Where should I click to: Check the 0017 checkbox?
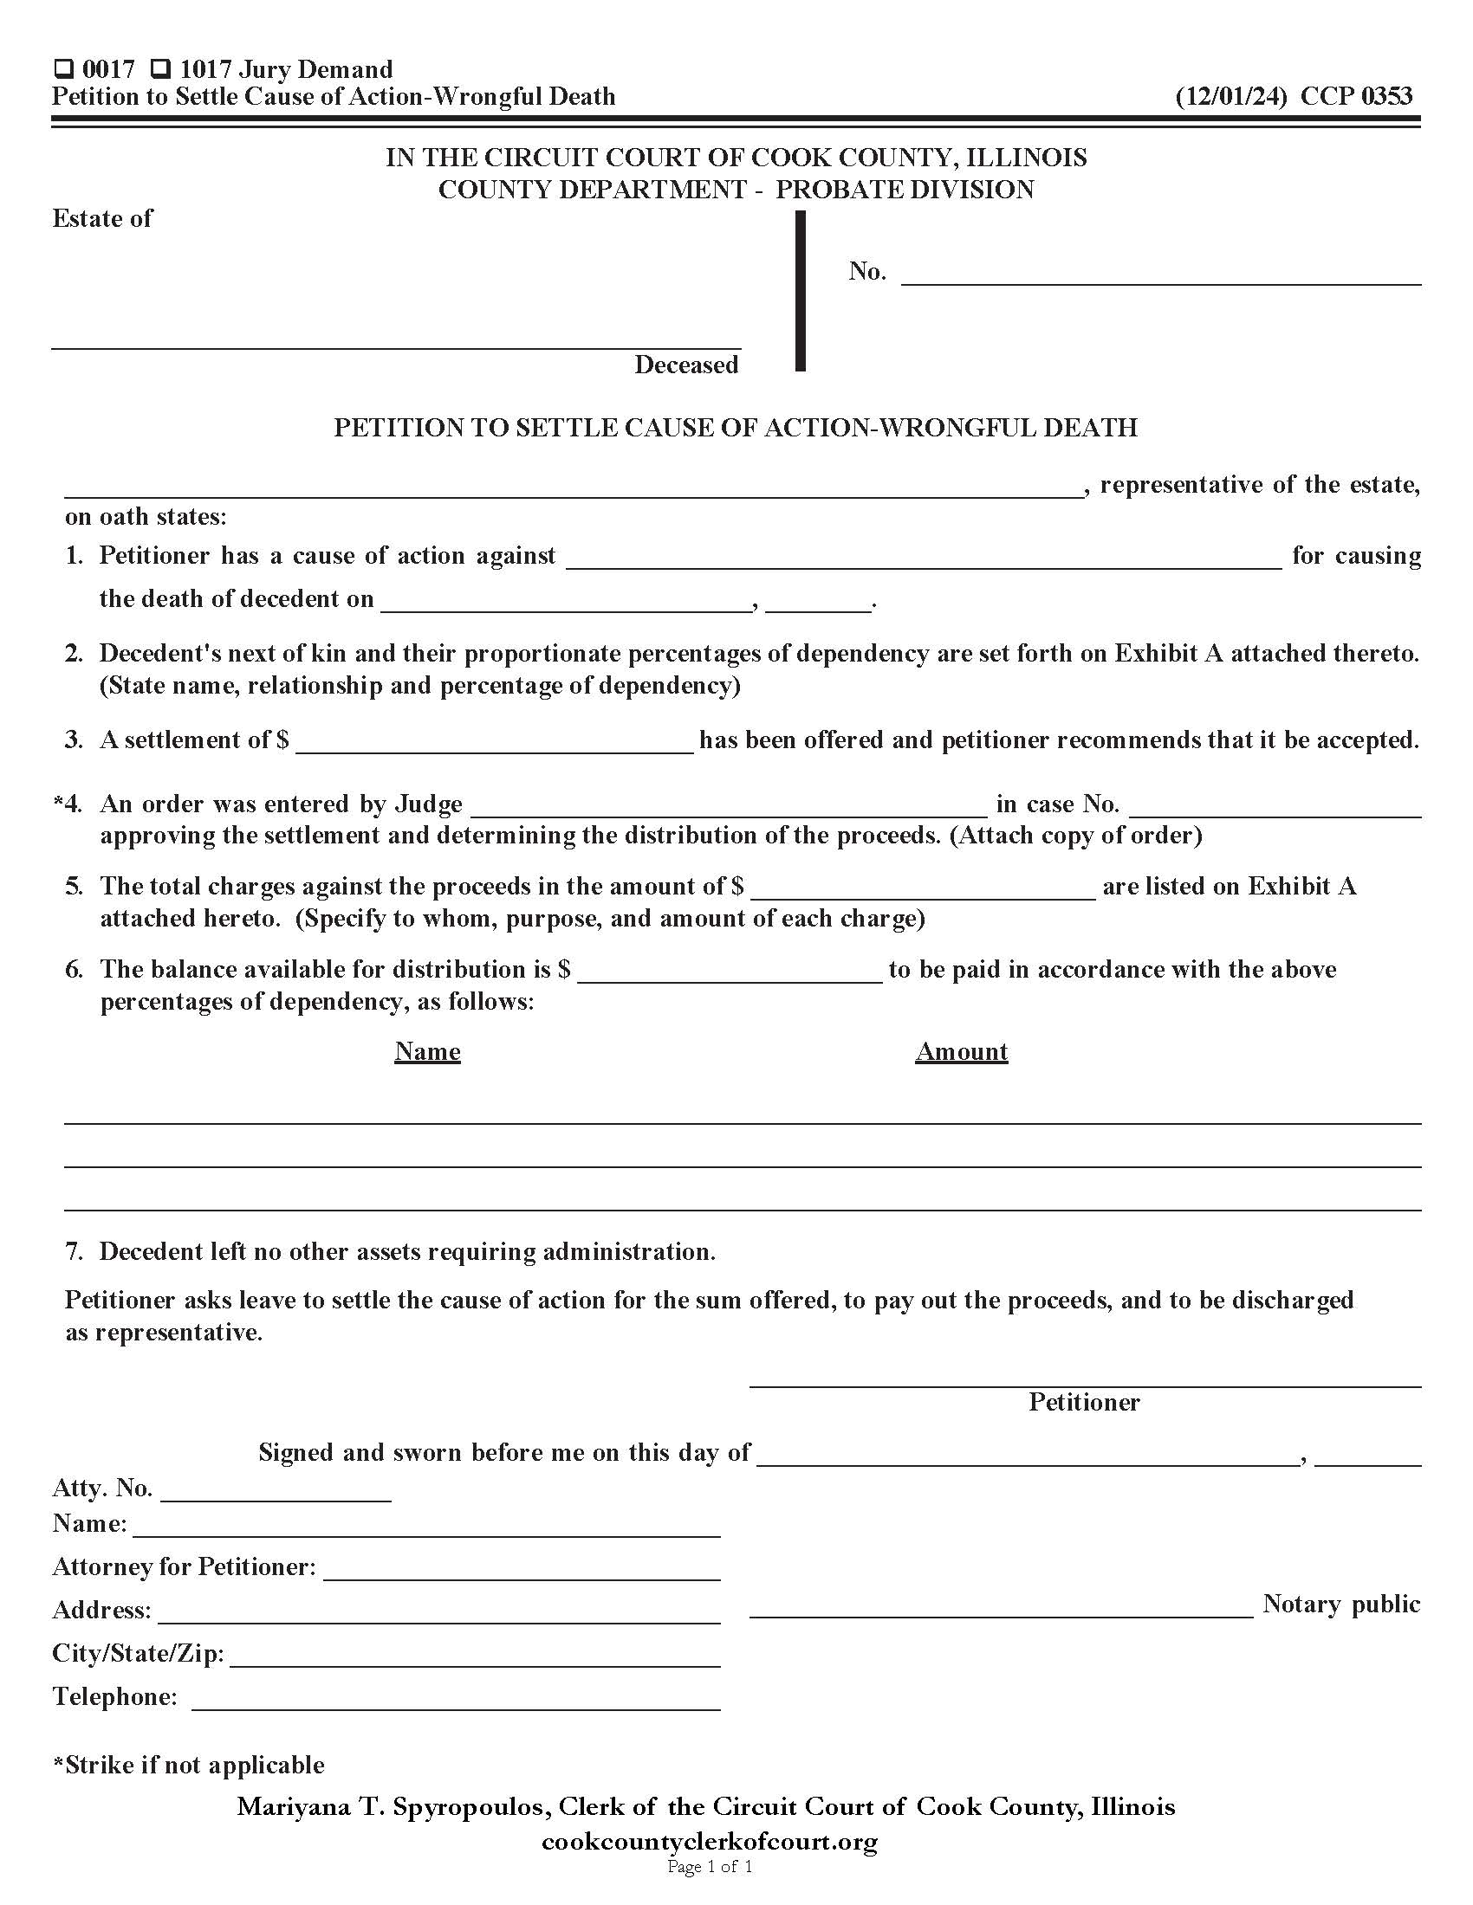[63, 69]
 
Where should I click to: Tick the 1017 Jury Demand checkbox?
[160, 69]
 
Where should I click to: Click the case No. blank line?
[1160, 275]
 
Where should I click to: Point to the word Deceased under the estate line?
[686, 365]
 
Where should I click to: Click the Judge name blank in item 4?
[729, 806]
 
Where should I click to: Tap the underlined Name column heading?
[426, 1051]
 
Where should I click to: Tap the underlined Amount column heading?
[961, 1051]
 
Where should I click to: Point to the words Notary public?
[1340, 1604]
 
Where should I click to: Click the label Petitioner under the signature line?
[1084, 1402]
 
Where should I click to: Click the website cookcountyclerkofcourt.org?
[710, 1841]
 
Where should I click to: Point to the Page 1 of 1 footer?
[710, 1867]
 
